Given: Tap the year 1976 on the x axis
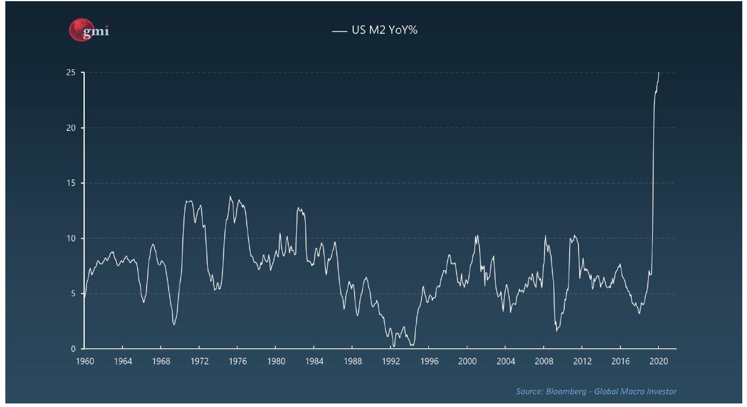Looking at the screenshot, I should pos(238,361).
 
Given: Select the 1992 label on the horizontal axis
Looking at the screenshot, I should pos(391,361).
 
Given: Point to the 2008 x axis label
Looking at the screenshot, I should pos(544,361).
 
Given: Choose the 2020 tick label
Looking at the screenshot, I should pos(659,361).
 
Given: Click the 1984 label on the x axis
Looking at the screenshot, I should pos(314,361).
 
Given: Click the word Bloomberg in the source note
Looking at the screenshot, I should pos(563,391).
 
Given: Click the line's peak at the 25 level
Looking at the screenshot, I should pos(659,73).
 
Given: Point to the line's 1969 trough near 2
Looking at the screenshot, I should pos(174,324).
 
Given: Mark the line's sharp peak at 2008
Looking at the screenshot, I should pos(545,236).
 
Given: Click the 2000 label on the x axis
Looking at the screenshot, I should pos(467,361).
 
